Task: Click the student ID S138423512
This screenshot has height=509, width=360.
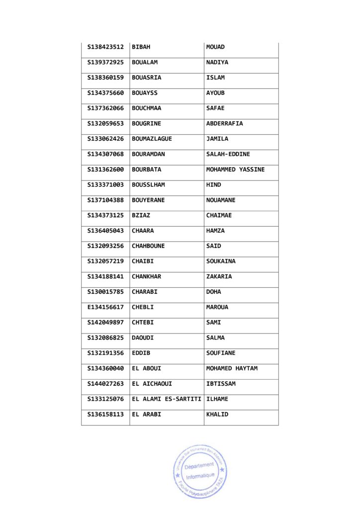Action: point(105,47)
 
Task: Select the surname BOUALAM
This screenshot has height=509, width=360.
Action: point(145,63)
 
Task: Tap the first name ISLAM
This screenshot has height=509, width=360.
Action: point(215,78)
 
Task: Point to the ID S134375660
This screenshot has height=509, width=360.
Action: point(105,93)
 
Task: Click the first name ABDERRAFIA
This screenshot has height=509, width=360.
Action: point(224,124)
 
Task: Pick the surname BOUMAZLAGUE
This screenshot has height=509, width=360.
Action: point(152,139)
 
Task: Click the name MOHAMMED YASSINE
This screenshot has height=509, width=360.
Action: point(235,170)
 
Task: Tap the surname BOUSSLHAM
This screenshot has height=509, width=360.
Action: point(148,185)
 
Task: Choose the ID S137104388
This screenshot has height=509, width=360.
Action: point(105,200)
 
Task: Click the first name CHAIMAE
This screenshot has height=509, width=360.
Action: point(219,216)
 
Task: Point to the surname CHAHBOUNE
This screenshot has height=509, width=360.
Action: point(148,246)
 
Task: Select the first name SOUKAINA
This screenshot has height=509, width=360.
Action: point(221,261)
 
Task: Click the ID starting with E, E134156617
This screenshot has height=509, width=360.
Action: point(105,307)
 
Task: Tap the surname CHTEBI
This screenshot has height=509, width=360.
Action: point(143,323)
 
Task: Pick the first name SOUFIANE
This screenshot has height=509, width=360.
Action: point(221,353)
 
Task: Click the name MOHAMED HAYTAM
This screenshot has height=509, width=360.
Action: point(232,369)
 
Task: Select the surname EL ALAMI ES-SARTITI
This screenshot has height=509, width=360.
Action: point(166,399)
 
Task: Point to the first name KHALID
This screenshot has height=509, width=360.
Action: point(217,415)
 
